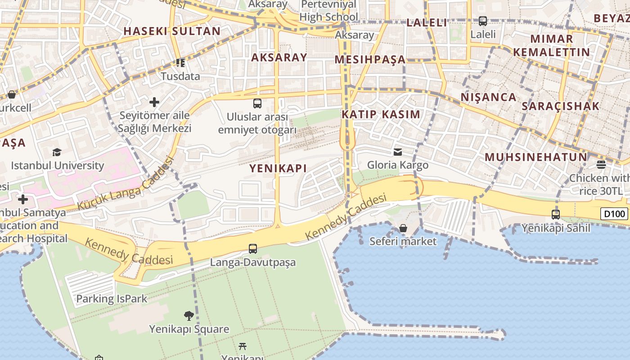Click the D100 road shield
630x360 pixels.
click(x=614, y=214)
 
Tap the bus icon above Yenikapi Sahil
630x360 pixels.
click(x=556, y=215)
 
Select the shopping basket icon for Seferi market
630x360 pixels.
click(x=403, y=228)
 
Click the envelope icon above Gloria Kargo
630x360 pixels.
click(x=398, y=152)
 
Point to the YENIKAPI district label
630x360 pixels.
click(x=278, y=168)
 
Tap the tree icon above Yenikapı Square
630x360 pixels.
click(x=189, y=315)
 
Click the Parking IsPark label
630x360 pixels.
click(x=112, y=299)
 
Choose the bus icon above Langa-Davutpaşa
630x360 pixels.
click(x=253, y=248)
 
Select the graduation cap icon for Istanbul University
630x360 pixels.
click(x=57, y=152)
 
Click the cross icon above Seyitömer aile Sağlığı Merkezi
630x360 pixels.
click(x=154, y=102)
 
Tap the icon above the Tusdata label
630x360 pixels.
click(x=180, y=63)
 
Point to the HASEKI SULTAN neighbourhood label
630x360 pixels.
click(x=172, y=31)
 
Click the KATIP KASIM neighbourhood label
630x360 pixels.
click(x=381, y=114)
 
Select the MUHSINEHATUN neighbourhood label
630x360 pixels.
click(x=536, y=157)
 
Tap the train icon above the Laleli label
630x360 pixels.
click(x=483, y=21)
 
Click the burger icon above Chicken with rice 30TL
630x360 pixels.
click(x=601, y=164)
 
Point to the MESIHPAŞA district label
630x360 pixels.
click(x=370, y=60)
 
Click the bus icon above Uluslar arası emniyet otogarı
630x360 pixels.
click(x=257, y=103)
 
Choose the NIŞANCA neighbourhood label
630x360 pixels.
click(x=488, y=97)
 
